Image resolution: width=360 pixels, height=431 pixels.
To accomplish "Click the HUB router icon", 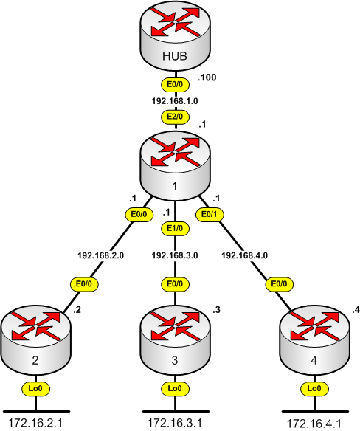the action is (175, 35).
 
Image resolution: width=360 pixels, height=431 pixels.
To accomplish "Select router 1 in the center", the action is (175, 165).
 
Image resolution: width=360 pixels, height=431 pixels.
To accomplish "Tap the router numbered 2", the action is (35, 339).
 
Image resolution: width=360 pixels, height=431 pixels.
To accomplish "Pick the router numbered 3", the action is (175, 339).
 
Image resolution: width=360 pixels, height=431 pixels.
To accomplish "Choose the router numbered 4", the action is (315, 339).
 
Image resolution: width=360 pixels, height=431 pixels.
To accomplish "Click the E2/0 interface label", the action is (175, 117).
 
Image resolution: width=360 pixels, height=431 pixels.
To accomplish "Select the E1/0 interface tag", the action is (175, 229).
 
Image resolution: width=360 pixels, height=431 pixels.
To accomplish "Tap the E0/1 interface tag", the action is (210, 214).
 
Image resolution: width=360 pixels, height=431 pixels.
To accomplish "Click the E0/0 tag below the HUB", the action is (175, 84).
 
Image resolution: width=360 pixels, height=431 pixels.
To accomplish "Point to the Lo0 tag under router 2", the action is (35, 389).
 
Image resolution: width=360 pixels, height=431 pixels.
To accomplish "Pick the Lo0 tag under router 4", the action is (314, 389).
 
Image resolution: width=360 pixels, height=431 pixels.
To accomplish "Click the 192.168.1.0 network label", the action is (175, 101).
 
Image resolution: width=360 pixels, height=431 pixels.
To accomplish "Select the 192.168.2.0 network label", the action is (100, 255).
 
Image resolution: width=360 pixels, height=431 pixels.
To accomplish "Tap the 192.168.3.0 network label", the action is (175, 255).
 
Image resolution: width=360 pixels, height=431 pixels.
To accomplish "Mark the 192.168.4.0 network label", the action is (245, 255).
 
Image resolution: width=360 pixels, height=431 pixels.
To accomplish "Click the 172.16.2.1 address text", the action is (35, 424).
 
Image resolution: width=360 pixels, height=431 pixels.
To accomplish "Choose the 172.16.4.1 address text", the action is (314, 424).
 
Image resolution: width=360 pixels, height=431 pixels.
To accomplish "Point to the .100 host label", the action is (207, 77).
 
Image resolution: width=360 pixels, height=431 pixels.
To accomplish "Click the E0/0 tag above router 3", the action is (175, 284).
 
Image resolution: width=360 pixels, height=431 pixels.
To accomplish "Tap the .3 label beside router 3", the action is (217, 310).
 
